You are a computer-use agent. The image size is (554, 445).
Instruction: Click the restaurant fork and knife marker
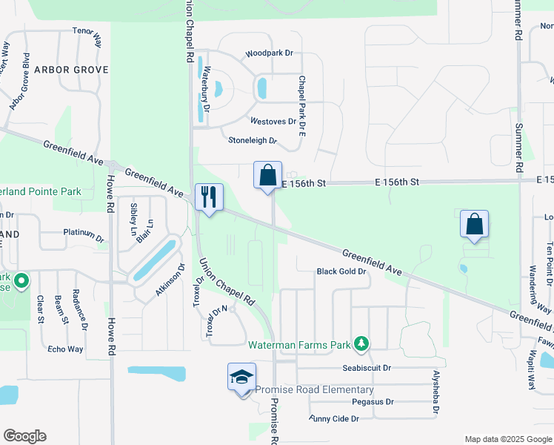(208, 197)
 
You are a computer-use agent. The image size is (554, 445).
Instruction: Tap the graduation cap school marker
(242, 378)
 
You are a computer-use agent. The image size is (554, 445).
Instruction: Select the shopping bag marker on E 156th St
(267, 176)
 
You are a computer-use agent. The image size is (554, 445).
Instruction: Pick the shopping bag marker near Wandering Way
(474, 224)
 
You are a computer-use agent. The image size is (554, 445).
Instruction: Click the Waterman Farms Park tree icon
(361, 343)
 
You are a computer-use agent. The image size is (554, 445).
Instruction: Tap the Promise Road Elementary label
(315, 390)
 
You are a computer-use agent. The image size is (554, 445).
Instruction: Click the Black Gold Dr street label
(342, 271)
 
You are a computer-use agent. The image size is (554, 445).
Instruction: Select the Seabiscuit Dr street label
(366, 368)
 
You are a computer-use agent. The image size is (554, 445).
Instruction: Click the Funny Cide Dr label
(334, 419)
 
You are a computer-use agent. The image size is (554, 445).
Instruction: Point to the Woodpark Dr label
(270, 53)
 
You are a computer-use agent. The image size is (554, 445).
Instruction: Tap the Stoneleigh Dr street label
(253, 139)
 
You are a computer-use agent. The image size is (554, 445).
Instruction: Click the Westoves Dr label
(273, 121)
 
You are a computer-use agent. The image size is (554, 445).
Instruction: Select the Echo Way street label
(65, 349)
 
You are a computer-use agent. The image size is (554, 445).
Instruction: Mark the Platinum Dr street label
(84, 235)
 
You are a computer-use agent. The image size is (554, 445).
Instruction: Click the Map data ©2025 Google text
(507, 439)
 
